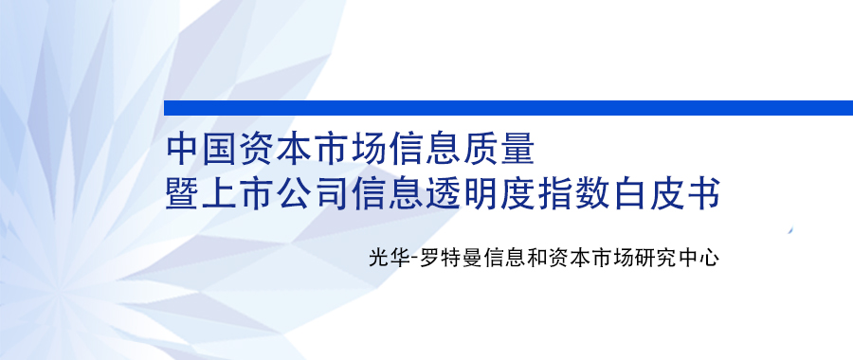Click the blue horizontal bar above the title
(508, 108)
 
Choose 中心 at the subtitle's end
(699, 257)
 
